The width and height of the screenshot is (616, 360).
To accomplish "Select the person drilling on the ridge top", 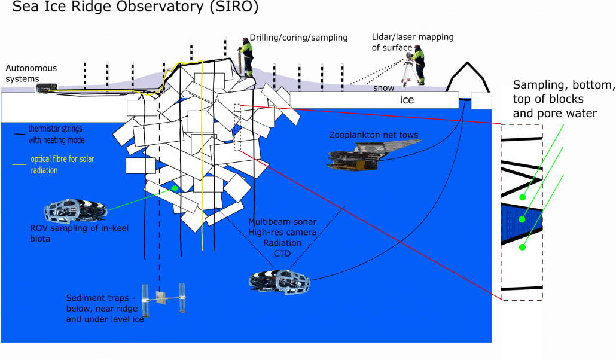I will [x=245, y=56].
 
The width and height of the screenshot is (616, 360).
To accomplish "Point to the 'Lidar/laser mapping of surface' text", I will [x=412, y=42].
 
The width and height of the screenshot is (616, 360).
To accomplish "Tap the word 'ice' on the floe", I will [x=407, y=100].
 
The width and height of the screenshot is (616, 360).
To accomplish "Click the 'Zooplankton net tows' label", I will [x=374, y=135].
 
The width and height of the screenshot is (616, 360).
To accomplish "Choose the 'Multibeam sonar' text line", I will [x=283, y=222].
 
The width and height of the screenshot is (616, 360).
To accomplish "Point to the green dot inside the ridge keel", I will [x=175, y=188].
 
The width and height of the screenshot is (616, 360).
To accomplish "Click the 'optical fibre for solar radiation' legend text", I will [x=62, y=165].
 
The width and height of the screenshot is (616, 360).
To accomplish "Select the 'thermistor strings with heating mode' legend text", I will [x=56, y=135].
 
